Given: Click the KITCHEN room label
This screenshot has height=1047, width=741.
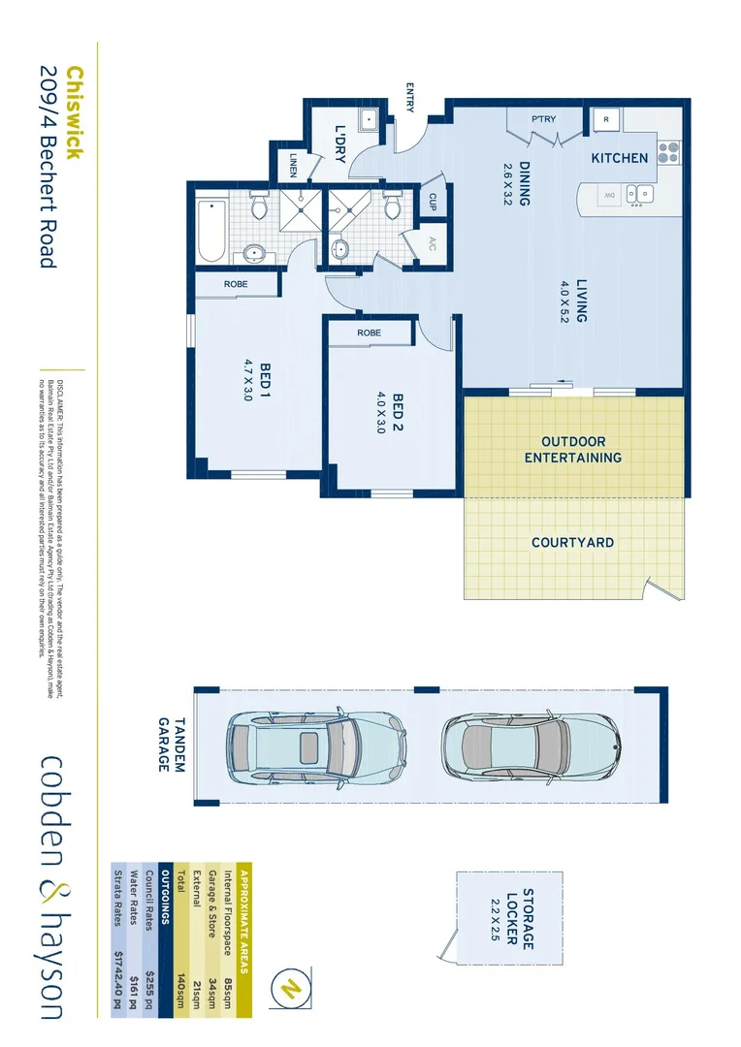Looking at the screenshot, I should pyautogui.click(x=620, y=158).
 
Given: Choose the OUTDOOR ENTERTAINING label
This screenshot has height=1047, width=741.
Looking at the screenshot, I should pyautogui.click(x=573, y=449).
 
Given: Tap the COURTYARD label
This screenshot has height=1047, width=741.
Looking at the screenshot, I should pyautogui.click(x=572, y=543).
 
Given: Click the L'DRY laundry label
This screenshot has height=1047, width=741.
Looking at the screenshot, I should pyautogui.click(x=340, y=143).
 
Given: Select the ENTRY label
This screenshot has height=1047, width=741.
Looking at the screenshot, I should pyautogui.click(x=410, y=97).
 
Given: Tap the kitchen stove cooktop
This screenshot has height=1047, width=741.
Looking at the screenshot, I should pyautogui.click(x=668, y=152).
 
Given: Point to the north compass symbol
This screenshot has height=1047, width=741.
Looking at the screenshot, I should pyautogui.click(x=288, y=989).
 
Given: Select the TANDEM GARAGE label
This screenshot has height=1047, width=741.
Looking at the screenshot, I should pyautogui.click(x=171, y=745).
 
